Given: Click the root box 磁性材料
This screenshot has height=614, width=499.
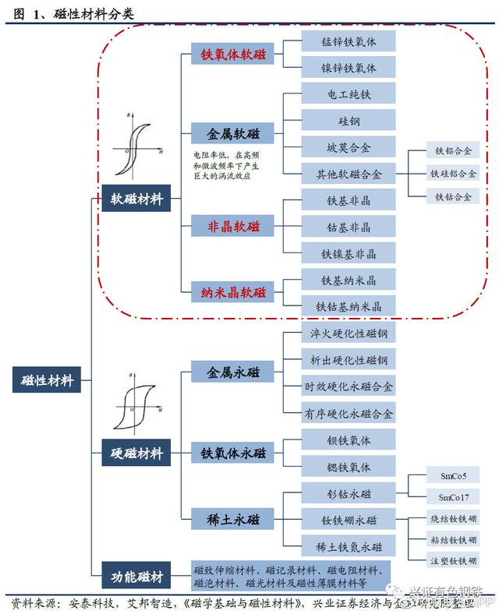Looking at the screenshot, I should (48, 381).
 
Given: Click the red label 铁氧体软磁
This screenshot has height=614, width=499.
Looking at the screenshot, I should (233, 55).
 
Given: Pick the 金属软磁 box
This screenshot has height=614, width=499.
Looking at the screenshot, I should (233, 133).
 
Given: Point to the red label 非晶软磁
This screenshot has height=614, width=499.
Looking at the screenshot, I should (233, 227).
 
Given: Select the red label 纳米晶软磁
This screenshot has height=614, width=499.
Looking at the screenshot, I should (233, 293).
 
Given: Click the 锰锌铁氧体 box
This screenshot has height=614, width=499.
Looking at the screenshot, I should (349, 42).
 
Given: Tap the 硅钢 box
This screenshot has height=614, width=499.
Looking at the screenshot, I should (349, 121).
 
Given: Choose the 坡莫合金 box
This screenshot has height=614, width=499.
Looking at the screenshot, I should (349, 146).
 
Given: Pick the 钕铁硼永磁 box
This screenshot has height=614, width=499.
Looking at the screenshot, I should (349, 520).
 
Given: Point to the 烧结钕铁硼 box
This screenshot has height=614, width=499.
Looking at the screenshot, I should (453, 518).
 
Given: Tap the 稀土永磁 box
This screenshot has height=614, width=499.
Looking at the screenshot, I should (233, 519).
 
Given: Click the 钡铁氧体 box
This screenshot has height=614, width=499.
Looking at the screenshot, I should (349, 441).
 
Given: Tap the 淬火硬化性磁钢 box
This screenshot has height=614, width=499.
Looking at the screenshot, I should (349, 333).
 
